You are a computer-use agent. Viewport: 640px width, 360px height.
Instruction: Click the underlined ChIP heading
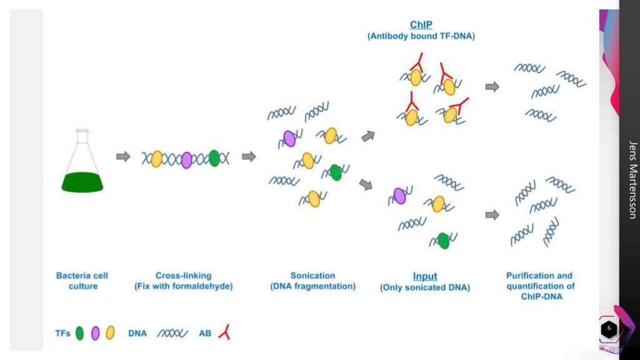pyautogui.click(x=421, y=25)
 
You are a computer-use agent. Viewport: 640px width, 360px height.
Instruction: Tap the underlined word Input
pyautogui.click(x=425, y=276)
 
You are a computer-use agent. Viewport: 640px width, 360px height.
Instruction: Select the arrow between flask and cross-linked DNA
pyautogui.click(x=124, y=157)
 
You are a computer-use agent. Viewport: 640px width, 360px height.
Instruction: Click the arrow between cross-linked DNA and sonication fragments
pyautogui.click(x=249, y=157)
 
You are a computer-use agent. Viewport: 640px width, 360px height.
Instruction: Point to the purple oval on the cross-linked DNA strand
pyautogui.click(x=186, y=159)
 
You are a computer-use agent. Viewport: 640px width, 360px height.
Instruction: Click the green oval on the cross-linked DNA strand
pyautogui.click(x=214, y=158)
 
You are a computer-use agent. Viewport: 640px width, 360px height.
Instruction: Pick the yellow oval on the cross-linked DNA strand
pyautogui.click(x=156, y=159)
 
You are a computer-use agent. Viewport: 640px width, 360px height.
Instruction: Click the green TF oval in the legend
pyautogui.click(x=79, y=333)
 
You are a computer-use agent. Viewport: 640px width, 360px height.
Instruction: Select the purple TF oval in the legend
pyautogui.click(x=96, y=333)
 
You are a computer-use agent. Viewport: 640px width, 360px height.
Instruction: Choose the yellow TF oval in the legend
pyautogui.click(x=111, y=333)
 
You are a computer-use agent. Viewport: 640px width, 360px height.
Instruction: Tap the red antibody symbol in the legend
pyautogui.click(x=224, y=332)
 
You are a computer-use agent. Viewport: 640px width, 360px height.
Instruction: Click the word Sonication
pyautogui.click(x=312, y=276)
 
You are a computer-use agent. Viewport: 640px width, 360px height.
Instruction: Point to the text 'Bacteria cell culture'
pyautogui.click(x=82, y=281)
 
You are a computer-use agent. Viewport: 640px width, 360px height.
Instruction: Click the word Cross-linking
pyautogui.click(x=183, y=276)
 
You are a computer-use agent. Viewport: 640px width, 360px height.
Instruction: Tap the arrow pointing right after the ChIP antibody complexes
pyautogui.click(x=492, y=87)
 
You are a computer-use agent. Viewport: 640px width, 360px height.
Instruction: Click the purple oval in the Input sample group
pyautogui.click(x=400, y=196)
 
